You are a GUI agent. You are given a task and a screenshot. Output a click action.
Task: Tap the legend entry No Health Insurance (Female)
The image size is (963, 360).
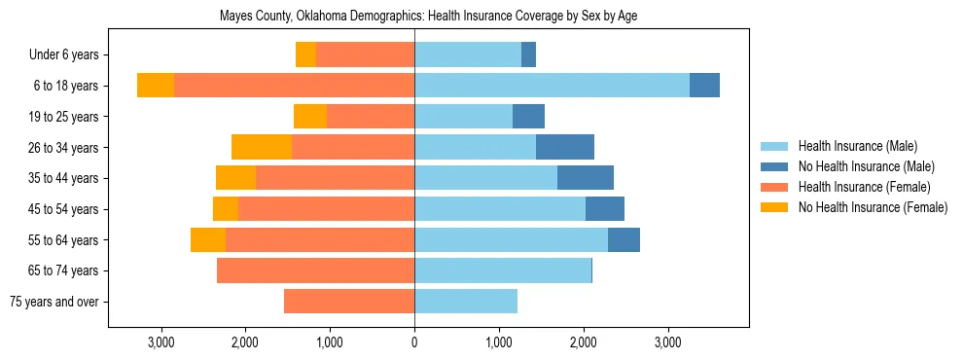pos(873,207)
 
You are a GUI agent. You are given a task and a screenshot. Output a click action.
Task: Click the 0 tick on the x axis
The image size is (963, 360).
pos(414,342)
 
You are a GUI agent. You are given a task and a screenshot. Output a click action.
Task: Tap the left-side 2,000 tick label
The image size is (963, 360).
pos(244,342)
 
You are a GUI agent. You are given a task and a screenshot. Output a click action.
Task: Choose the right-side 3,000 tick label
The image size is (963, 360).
pos(667,342)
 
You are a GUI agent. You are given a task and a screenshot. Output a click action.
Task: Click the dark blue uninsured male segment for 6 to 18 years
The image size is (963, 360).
pos(704,86)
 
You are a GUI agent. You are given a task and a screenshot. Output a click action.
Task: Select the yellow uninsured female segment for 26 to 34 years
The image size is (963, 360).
pos(262,147)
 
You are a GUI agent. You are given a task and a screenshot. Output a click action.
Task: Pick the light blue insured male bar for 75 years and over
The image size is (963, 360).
pos(465,302)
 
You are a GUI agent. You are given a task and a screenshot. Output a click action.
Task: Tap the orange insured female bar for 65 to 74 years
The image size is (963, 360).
pos(315,270)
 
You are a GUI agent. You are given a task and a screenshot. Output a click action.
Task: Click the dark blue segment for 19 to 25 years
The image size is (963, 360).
pos(528,117)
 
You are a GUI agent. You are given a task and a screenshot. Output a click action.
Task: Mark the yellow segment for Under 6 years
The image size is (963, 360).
pos(305,54)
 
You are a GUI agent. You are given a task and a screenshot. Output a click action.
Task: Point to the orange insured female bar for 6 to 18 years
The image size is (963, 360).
pos(294,86)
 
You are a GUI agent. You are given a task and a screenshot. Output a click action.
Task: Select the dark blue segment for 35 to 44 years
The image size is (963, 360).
pos(585,178)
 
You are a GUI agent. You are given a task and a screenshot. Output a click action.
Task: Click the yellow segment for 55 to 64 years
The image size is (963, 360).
pos(208,239)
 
